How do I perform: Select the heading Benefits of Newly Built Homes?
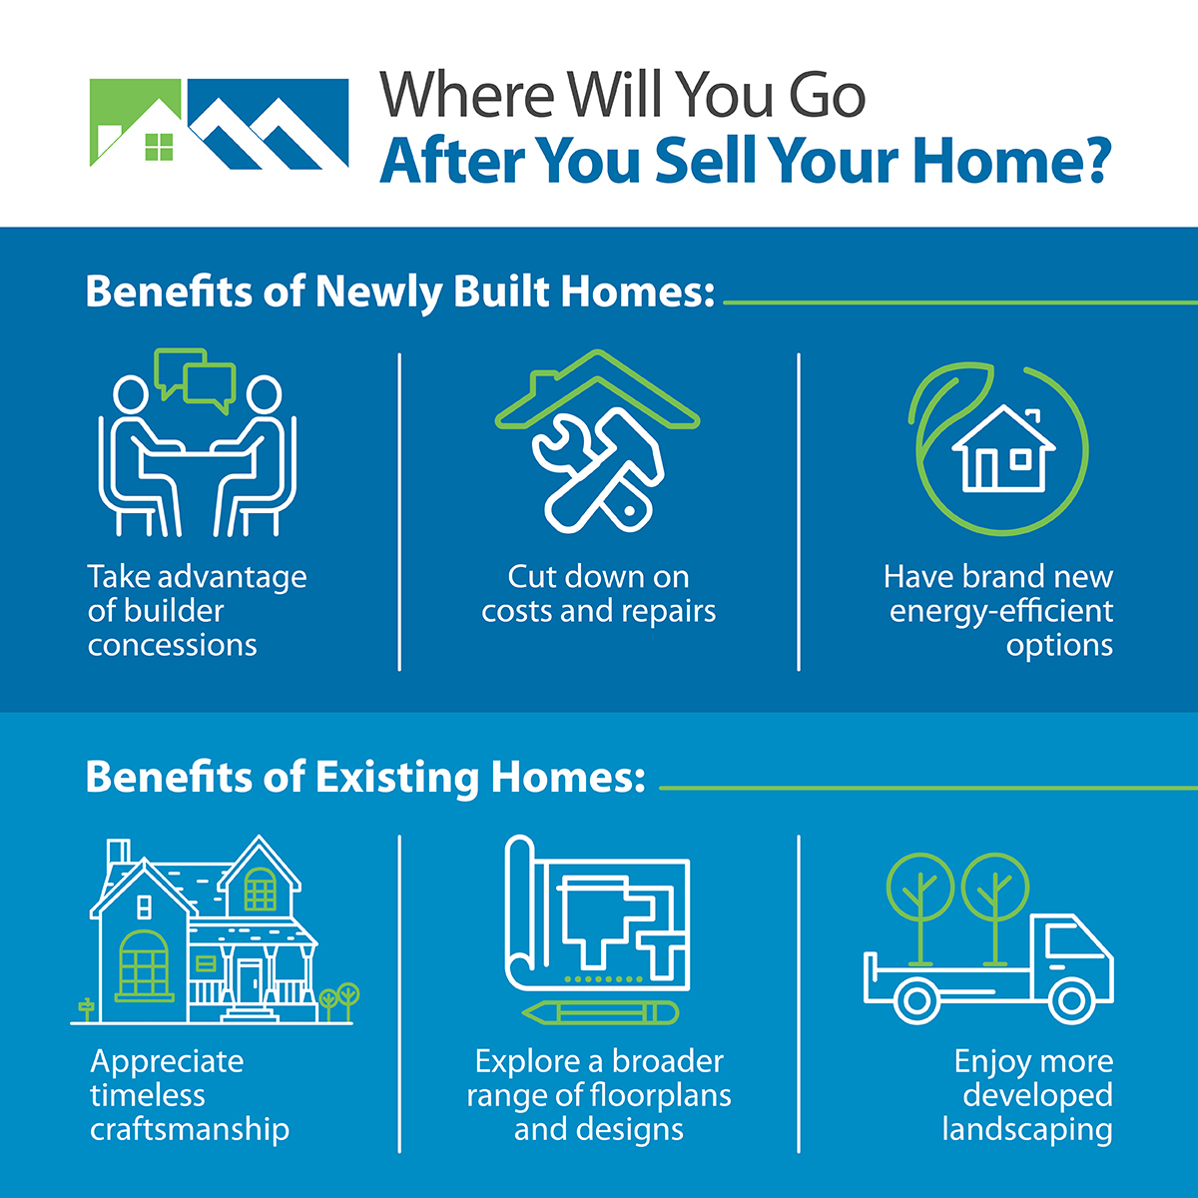click(400, 292)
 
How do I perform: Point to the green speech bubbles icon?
click(197, 378)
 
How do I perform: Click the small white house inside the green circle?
click(1002, 451)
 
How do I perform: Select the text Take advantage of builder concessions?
click(197, 610)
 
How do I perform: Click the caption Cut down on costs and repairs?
click(598, 594)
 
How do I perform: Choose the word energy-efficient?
click(1001, 610)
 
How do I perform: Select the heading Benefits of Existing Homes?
click(365, 778)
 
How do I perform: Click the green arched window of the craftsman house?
click(145, 963)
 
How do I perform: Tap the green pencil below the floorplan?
click(599, 1012)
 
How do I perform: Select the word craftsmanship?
click(190, 1129)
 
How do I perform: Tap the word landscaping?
click(1027, 1129)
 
